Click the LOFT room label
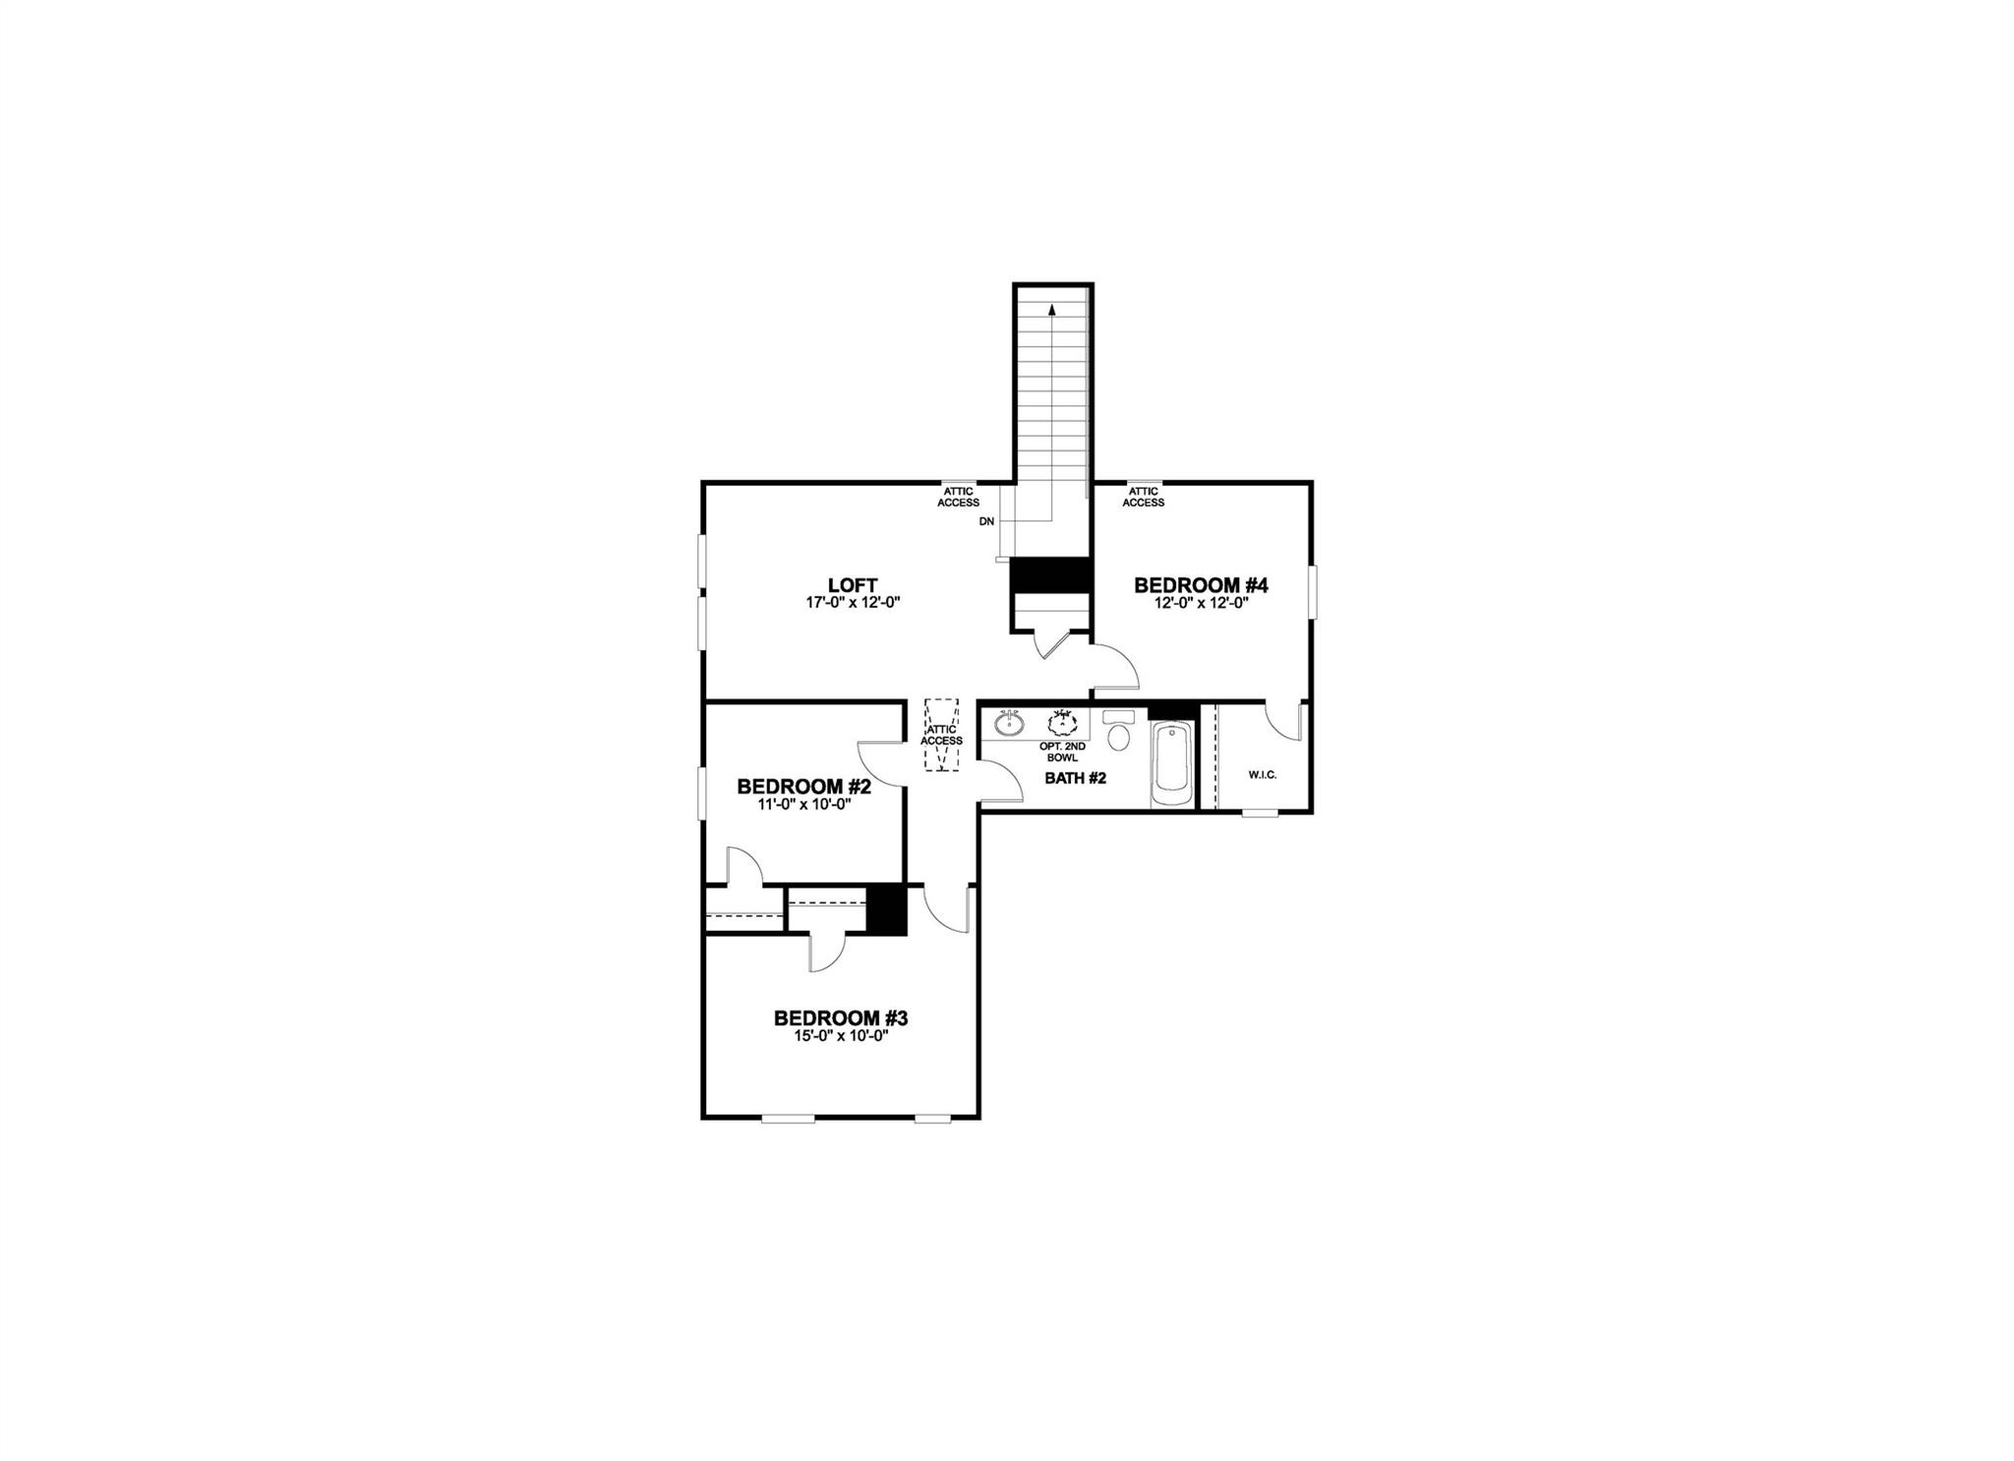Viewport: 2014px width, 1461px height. pos(853,585)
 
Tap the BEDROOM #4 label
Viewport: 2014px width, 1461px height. pos(1201,585)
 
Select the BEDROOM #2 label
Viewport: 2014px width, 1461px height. pos(803,787)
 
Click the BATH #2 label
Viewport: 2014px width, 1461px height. pos(1075,778)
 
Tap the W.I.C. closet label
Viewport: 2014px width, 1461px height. pos(1262,775)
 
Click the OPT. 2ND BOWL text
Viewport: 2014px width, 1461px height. pos(1062,752)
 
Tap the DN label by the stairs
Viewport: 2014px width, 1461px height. pos(986,521)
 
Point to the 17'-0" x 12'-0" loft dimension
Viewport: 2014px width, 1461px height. pos(853,603)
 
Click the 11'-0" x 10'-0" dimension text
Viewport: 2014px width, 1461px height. pos(803,804)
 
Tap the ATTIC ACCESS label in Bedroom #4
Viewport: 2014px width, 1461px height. pos(1143,497)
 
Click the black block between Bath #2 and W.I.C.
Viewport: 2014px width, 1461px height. pos(1171,710)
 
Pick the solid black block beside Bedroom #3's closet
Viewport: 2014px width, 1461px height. pos(886,910)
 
